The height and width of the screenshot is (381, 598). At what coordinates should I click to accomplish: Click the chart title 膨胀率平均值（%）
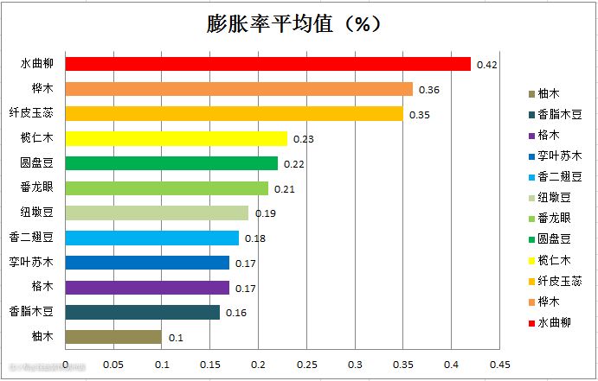[295, 24]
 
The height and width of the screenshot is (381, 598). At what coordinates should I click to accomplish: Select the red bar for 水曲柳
[268, 64]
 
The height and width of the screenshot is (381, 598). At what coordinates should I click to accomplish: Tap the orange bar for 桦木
[239, 89]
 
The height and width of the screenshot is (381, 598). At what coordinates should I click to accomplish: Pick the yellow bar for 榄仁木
[176, 138]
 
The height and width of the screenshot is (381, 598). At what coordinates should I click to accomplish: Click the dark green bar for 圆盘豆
[171, 163]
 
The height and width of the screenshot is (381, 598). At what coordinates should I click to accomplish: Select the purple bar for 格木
[147, 288]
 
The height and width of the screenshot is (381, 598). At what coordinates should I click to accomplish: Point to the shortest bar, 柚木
[113, 337]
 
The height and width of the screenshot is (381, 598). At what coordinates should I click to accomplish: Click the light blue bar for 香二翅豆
[152, 238]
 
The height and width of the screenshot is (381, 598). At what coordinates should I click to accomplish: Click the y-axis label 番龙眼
[37, 187]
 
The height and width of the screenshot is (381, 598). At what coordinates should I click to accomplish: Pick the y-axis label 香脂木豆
[31, 312]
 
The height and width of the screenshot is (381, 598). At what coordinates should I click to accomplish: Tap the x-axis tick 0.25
[306, 365]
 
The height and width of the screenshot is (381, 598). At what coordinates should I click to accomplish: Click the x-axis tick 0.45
[499, 365]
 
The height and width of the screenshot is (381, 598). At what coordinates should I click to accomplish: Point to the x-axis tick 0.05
[113, 365]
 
